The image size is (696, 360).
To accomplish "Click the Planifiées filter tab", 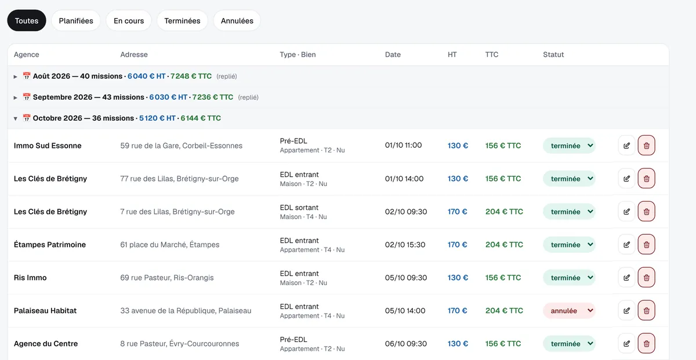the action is [76, 20].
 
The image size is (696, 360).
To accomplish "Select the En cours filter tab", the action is [129, 20].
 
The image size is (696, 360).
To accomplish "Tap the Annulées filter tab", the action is [237, 20].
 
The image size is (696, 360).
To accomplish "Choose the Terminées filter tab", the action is [182, 20].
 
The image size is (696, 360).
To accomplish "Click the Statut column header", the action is [553, 54].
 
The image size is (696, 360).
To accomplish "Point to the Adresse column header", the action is [134, 54].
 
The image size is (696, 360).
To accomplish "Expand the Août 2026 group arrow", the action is [15, 77].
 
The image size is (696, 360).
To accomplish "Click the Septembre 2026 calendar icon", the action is [27, 97].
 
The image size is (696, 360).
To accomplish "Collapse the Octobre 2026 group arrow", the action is [15, 118].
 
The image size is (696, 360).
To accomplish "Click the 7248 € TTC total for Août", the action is [191, 76].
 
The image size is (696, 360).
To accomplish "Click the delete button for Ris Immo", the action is [646, 277].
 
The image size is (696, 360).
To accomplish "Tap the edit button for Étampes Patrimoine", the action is [626, 245].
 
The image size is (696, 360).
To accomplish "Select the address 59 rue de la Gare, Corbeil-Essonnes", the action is [181, 146].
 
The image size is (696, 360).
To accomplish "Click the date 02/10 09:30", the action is [406, 212].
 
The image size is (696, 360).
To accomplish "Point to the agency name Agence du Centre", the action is [46, 344].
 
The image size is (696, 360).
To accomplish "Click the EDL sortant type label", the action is [299, 208].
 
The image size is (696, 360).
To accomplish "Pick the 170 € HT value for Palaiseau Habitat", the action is [457, 311].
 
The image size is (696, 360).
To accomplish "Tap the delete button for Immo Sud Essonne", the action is [646, 146].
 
